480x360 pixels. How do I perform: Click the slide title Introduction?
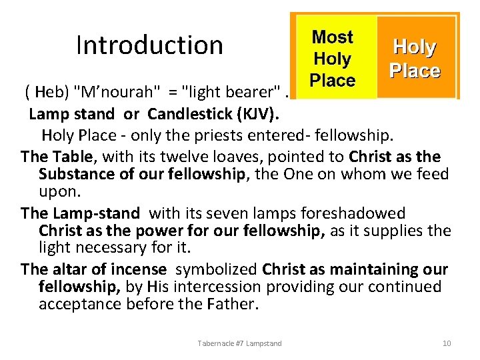click(x=149, y=45)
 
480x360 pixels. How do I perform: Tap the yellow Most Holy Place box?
click(x=333, y=59)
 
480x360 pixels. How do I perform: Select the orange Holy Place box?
click(x=415, y=59)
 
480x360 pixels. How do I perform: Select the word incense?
click(x=139, y=269)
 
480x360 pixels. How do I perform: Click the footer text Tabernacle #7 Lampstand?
click(x=239, y=343)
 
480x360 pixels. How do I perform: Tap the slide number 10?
click(x=447, y=343)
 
